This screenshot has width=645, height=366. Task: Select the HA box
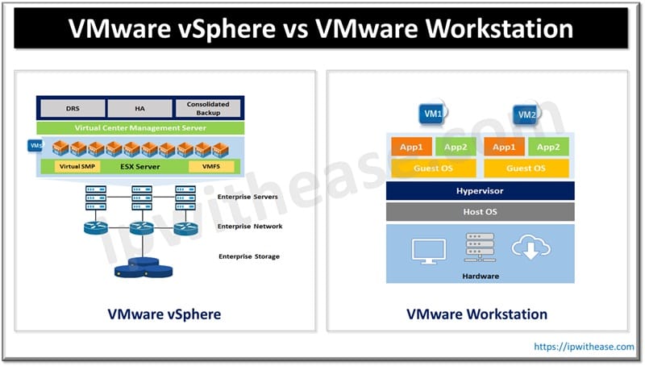[139, 107]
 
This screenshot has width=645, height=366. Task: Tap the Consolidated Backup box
[208, 107]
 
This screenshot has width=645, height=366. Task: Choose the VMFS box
[211, 167]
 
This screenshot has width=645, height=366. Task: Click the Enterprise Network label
[250, 227]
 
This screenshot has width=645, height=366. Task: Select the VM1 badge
[433, 114]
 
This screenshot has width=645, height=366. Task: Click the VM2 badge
[527, 114]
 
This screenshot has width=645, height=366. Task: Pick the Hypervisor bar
[480, 191]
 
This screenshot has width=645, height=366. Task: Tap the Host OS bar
[480, 212]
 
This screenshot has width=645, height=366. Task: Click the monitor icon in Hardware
[428, 251]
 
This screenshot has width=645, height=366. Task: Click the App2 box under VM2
[548, 147]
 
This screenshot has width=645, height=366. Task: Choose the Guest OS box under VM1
[434, 168]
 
